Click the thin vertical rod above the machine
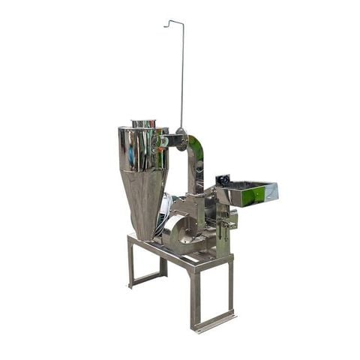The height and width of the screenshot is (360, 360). (x=181, y=75)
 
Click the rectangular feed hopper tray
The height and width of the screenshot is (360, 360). (x=251, y=193)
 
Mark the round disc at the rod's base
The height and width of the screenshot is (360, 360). (x=181, y=142)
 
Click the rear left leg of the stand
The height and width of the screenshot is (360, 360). (x=130, y=262)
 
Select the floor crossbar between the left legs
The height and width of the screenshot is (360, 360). (x=147, y=277)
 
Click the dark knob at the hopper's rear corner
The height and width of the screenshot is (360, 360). (x=222, y=180)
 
